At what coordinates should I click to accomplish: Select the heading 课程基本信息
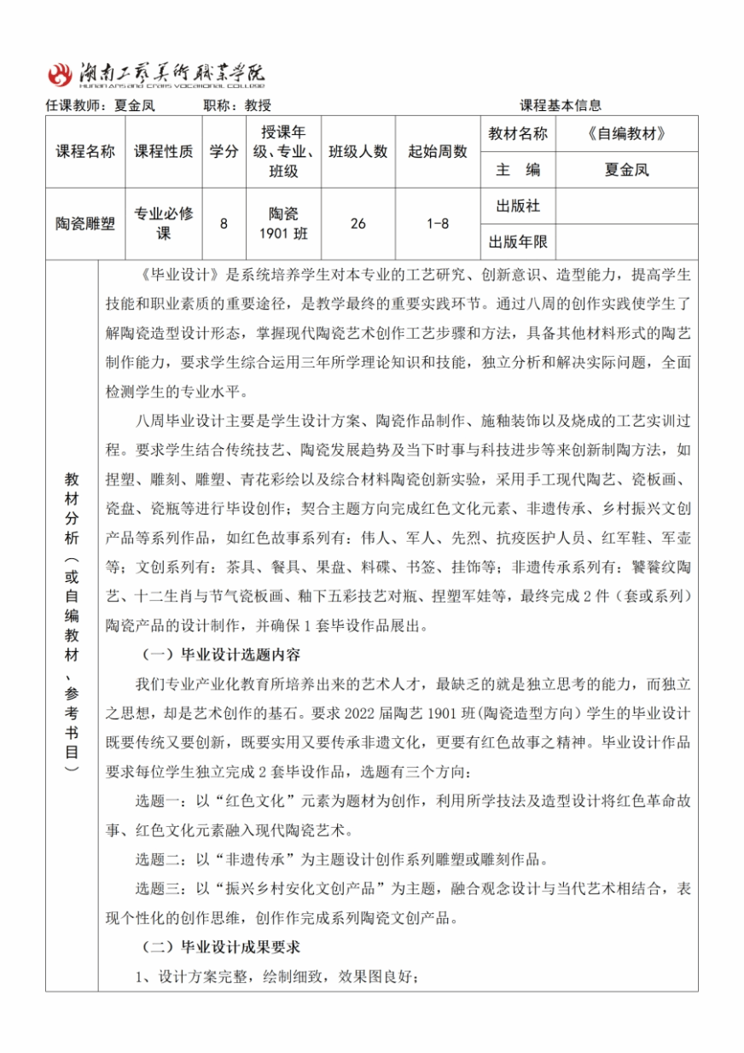coord(561,106)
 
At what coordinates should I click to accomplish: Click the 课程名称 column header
coord(85,152)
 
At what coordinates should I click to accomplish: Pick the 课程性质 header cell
coord(164,152)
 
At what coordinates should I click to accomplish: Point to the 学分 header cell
coord(224,152)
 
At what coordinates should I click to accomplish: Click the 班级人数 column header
coord(357,152)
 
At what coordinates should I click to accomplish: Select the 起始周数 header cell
coord(438,152)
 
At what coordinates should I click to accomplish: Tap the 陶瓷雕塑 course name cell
coord(85,224)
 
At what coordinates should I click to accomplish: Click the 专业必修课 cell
coord(164,224)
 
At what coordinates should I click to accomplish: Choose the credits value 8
coord(224,224)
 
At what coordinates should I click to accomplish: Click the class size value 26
coord(357,224)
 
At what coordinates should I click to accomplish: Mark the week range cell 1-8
coord(438,224)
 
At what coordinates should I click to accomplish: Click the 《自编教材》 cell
coord(626,134)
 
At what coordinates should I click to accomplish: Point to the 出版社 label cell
coord(518,207)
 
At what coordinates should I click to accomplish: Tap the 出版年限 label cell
coord(518,241)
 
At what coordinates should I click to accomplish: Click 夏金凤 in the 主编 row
coord(626,170)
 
